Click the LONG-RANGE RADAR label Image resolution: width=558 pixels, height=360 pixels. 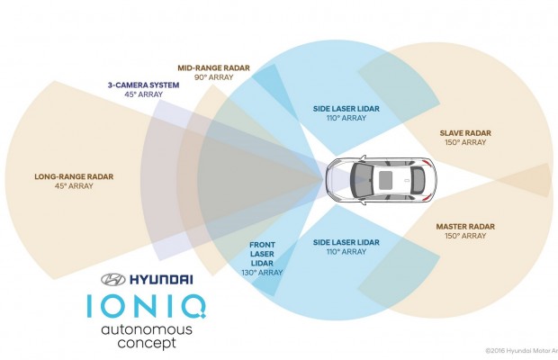click(x=74, y=176)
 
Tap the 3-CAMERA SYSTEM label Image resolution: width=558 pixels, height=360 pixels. click(x=143, y=85)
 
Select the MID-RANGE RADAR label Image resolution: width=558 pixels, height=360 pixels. click(x=213, y=67)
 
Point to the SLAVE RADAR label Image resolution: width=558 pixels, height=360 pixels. click(x=465, y=133)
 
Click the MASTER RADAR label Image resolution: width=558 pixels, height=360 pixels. click(x=465, y=227)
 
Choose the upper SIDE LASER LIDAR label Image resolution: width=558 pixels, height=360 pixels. click(x=346, y=109)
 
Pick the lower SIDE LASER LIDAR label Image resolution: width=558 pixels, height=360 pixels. click(x=346, y=243)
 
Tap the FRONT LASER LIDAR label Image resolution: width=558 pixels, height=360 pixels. click(x=262, y=254)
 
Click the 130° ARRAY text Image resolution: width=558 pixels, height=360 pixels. click(x=262, y=273)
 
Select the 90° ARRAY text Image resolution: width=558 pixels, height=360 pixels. click(x=214, y=77)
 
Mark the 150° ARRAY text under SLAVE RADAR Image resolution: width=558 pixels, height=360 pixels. click(x=465, y=142)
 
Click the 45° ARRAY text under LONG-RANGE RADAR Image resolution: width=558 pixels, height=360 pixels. click(x=74, y=185)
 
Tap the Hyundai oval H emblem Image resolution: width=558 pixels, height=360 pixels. click(x=113, y=280)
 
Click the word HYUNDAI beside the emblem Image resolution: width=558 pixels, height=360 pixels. click(x=161, y=280)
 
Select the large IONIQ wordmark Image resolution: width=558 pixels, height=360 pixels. click(x=147, y=306)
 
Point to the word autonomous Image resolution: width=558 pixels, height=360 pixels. click(x=147, y=329)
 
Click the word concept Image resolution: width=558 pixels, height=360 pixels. click(x=147, y=344)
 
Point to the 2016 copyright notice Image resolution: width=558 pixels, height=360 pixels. click(x=522, y=351)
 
